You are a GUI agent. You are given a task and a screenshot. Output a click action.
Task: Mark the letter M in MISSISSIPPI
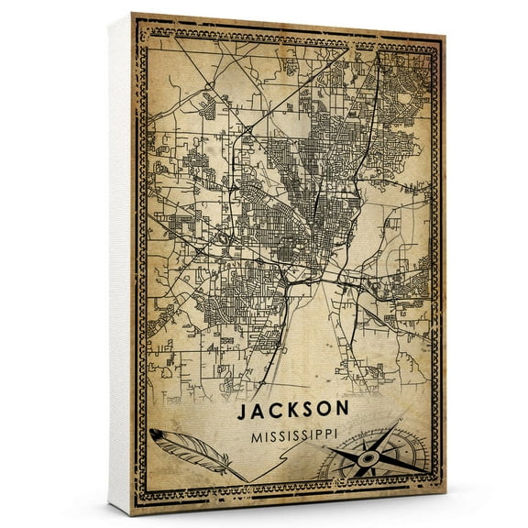coord(254,437)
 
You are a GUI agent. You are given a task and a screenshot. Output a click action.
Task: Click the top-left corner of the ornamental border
coord(137,20)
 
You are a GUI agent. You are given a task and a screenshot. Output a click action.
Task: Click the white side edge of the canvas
coord(118,266)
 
